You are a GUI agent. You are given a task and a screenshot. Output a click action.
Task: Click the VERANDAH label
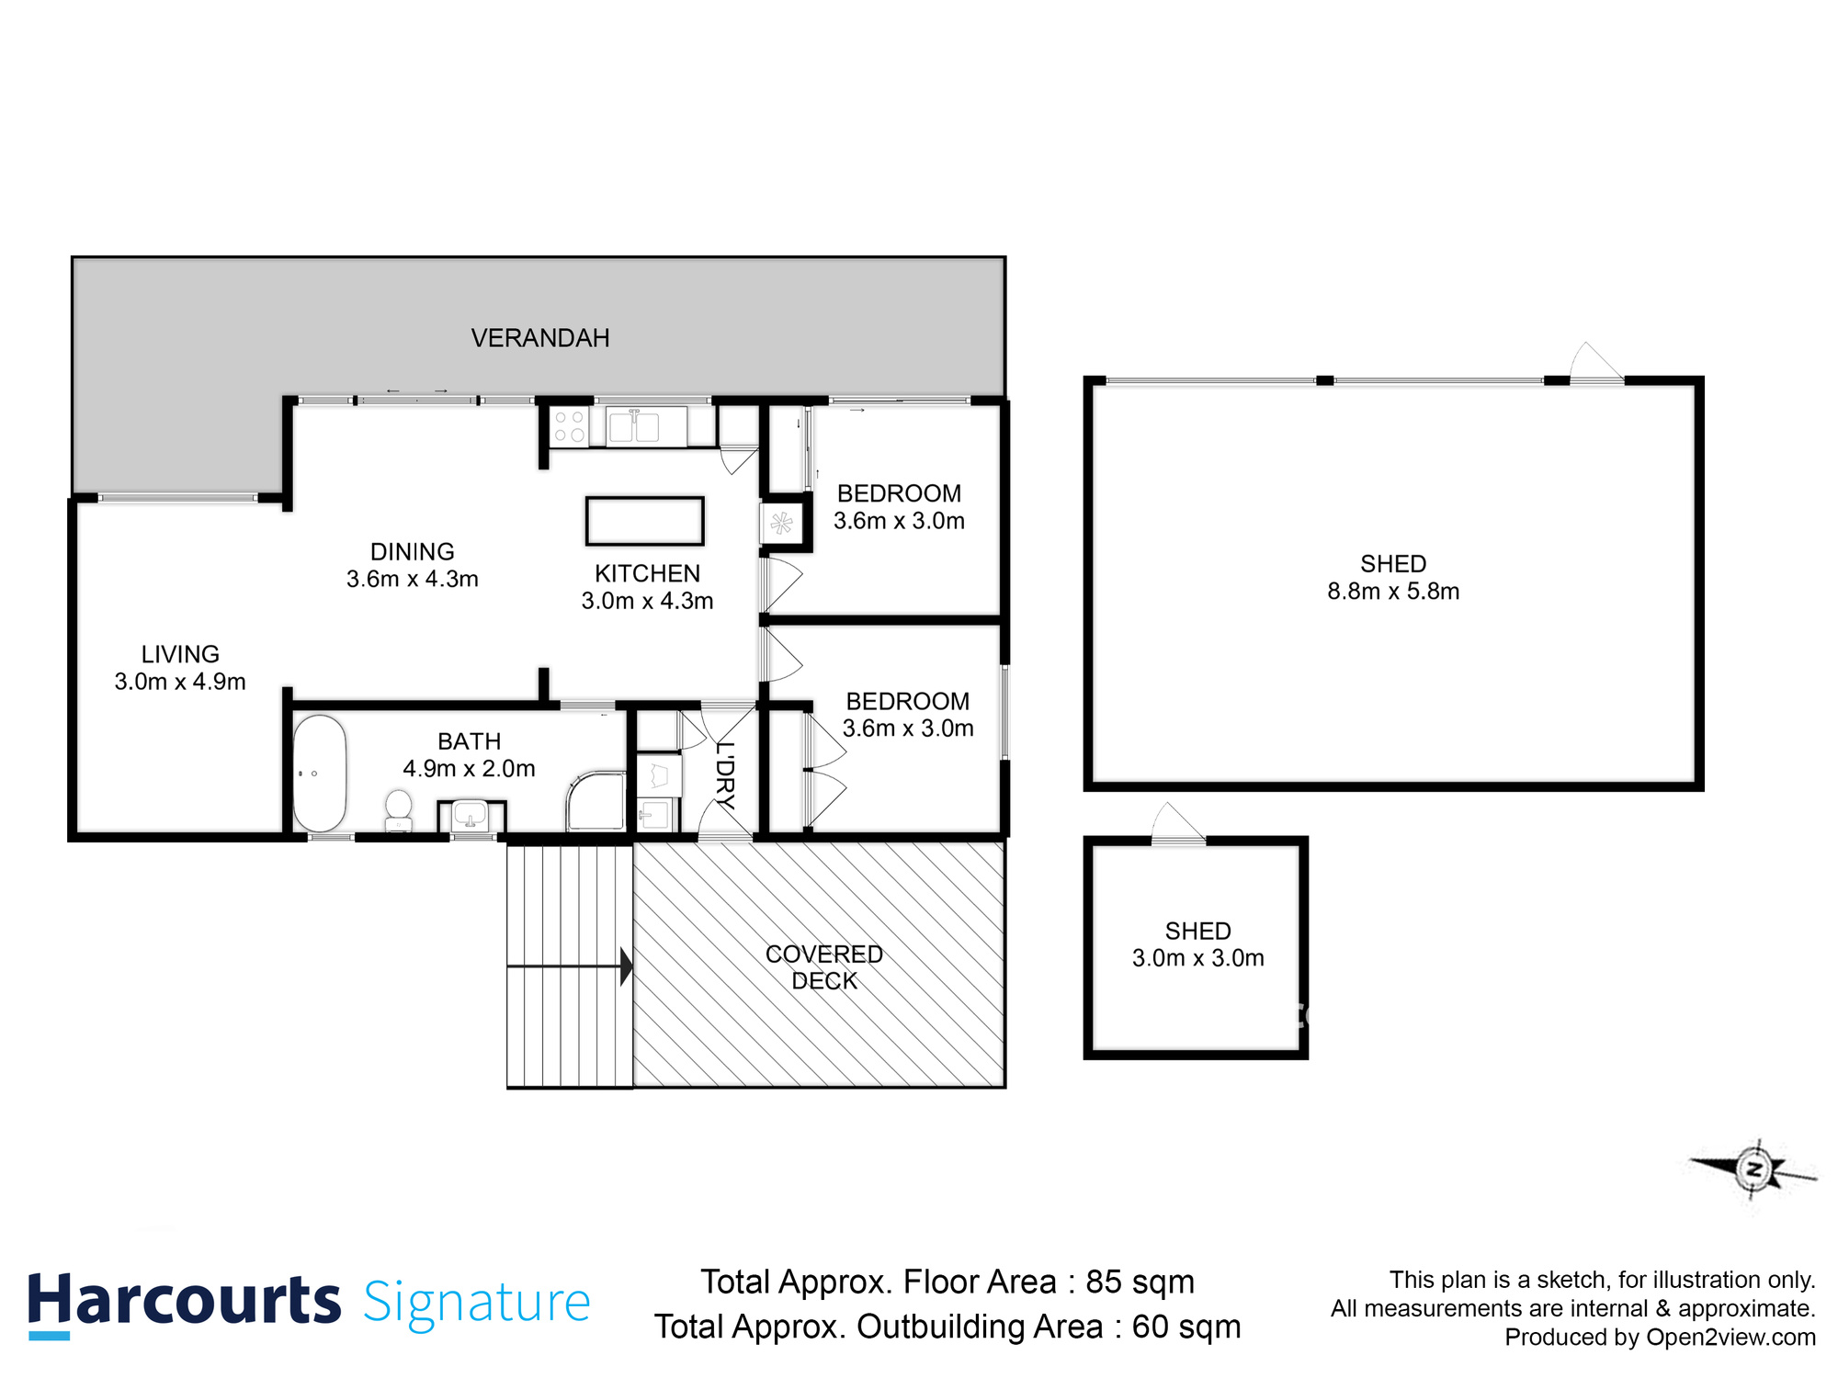(540, 338)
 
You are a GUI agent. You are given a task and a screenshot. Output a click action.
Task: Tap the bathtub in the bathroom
(319, 774)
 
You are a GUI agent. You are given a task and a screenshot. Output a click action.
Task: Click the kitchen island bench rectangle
(644, 521)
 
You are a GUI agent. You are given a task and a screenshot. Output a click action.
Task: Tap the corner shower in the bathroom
(596, 801)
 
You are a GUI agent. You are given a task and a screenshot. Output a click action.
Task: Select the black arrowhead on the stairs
(627, 966)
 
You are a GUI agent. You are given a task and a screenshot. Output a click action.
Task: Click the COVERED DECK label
(823, 967)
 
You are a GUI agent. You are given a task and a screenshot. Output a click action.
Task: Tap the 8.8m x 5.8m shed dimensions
(1393, 592)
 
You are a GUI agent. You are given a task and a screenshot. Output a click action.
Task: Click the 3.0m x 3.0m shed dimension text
(1197, 958)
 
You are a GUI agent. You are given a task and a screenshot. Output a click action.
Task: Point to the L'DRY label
(725, 774)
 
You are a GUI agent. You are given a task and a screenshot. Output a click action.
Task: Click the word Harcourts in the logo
(184, 1302)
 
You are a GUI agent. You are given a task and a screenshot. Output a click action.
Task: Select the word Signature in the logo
(476, 1303)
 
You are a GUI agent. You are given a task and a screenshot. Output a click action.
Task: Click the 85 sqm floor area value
(1140, 1282)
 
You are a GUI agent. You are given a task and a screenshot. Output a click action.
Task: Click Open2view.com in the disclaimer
(1730, 1338)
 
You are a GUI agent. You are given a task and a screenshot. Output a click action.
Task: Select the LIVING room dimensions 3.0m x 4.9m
(180, 682)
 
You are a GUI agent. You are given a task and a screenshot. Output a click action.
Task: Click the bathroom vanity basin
(471, 815)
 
